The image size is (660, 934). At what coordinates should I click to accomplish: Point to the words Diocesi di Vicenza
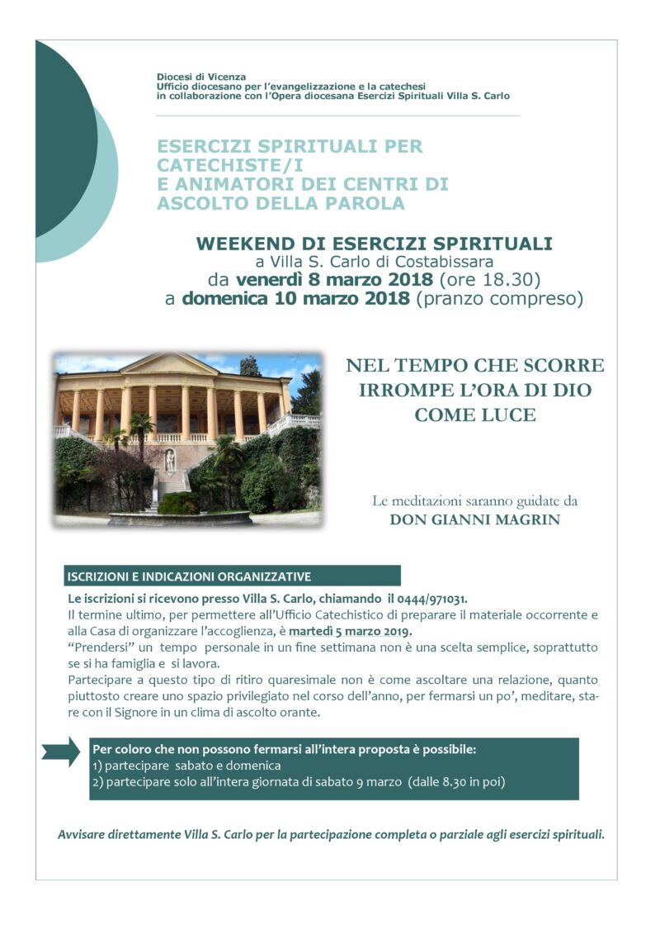[201, 77]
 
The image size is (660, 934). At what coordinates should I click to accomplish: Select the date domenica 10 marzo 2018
[295, 298]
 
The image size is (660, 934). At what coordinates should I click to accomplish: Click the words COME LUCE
[474, 415]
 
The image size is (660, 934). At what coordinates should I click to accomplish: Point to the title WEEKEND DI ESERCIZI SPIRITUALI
[374, 244]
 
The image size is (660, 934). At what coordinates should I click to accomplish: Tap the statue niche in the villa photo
[169, 460]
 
